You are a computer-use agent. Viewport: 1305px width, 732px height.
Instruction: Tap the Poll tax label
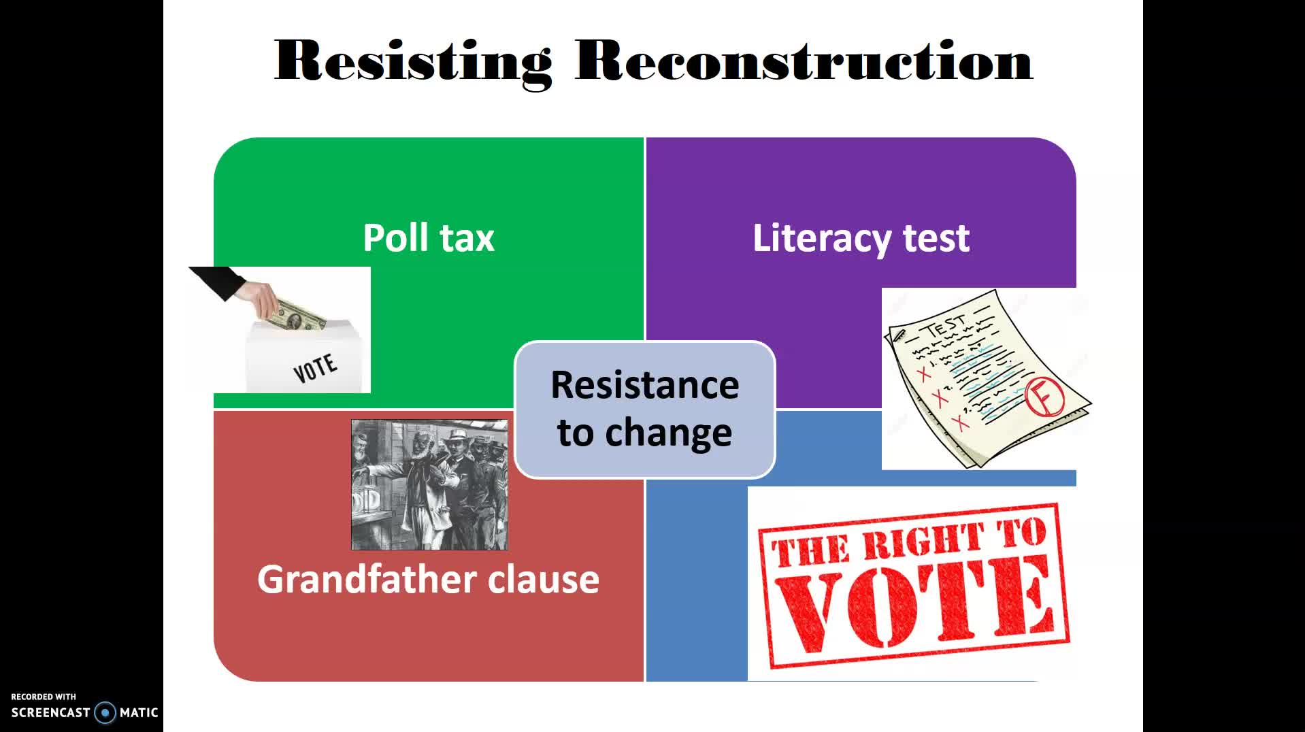[429, 237]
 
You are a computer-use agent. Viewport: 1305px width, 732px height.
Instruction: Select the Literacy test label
[861, 238]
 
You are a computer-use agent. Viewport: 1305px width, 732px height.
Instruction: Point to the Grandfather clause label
[428, 580]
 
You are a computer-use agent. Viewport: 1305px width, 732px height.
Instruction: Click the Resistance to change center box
[645, 410]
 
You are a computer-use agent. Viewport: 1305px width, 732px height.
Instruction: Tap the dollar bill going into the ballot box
[296, 316]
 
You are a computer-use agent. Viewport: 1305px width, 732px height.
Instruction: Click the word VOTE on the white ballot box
[315, 368]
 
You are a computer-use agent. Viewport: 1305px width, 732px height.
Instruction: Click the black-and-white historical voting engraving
[429, 484]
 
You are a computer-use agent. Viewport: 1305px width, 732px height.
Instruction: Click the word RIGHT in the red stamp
[923, 542]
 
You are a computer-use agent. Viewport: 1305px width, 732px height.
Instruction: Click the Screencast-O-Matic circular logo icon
[105, 712]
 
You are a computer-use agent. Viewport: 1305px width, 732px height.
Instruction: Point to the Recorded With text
[44, 697]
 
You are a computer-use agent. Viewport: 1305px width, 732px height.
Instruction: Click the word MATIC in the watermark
[139, 712]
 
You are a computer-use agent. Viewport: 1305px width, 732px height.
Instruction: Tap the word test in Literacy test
[936, 238]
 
